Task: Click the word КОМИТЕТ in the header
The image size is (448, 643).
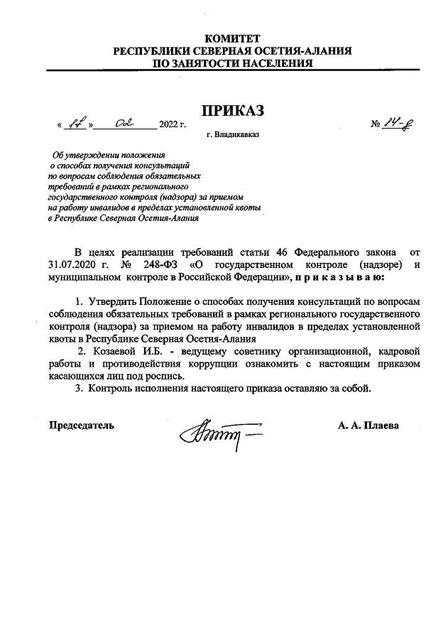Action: click(x=232, y=38)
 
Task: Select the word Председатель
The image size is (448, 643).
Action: click(x=81, y=426)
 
